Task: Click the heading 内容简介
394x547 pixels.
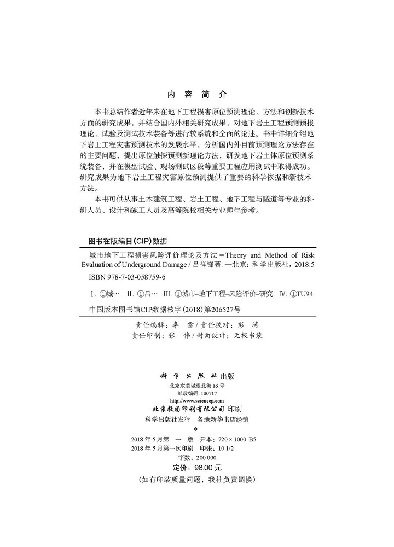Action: (196, 93)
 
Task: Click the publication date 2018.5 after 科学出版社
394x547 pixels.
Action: (304, 266)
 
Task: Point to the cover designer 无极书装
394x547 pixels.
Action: (247, 335)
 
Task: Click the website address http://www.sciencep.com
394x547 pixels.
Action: (197, 401)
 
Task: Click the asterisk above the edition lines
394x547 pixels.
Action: (196, 430)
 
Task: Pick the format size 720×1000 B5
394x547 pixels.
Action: (236, 439)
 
